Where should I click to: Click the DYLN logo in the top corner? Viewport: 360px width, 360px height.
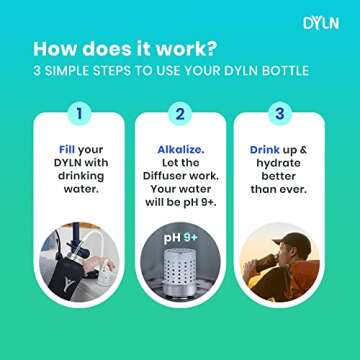click(x=320, y=23)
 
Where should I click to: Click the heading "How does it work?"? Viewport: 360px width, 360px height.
click(x=127, y=50)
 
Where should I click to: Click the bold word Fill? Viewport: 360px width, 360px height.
click(x=66, y=150)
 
